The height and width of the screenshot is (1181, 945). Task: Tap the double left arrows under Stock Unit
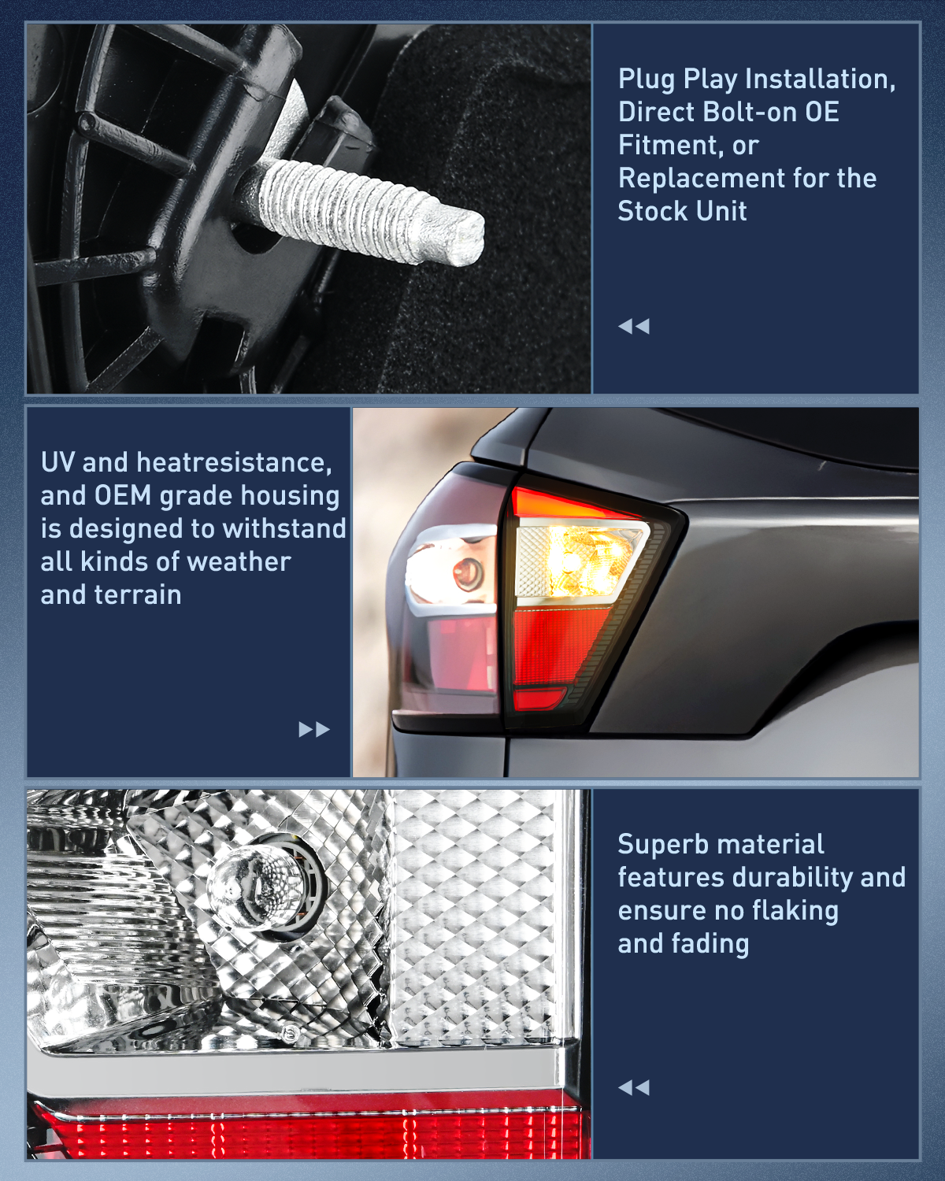(634, 327)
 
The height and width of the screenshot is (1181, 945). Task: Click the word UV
(57, 462)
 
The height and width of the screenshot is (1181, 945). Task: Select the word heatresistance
(234, 463)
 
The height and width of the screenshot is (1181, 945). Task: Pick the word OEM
(123, 495)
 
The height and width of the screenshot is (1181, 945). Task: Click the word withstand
(283, 528)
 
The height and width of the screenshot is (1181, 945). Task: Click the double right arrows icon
(314, 729)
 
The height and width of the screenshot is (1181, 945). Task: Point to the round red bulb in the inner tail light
(468, 572)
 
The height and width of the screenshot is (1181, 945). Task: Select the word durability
(793, 877)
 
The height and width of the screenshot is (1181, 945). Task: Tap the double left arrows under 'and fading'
(634, 1087)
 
